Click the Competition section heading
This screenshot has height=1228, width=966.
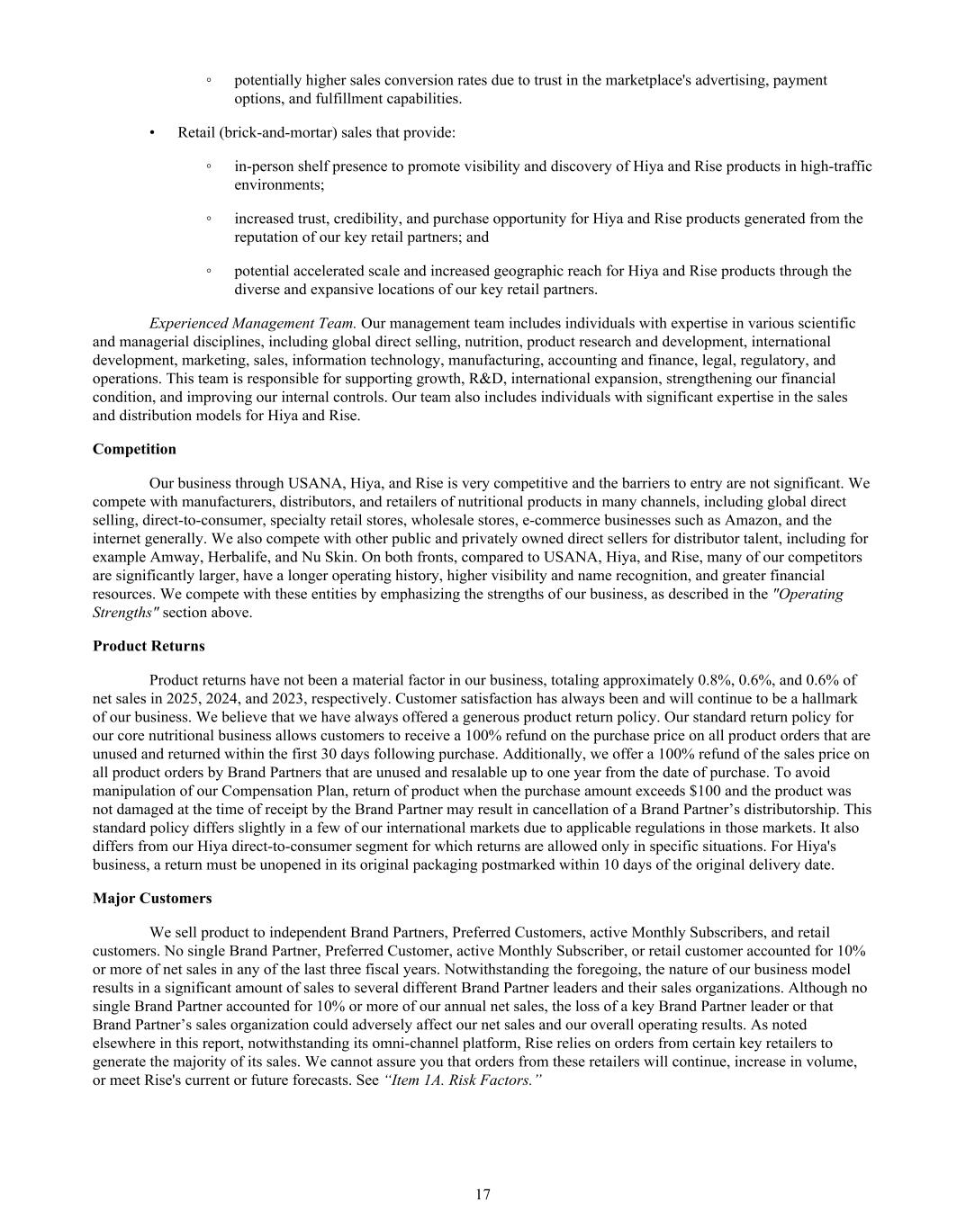[134, 449]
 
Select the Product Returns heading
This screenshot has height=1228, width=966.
[149, 646]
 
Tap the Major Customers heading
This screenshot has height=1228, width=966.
[152, 898]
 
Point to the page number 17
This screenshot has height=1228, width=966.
[483, 1194]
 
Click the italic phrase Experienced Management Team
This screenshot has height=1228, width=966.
[253, 323]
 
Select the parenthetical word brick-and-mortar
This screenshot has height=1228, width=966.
[270, 132]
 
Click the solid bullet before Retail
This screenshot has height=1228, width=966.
[153, 133]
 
